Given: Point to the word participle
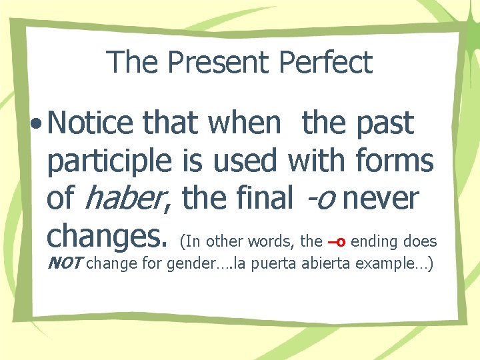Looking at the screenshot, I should [x=110, y=162].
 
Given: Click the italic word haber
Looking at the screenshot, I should [x=126, y=198].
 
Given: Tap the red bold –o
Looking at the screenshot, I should [x=336, y=241].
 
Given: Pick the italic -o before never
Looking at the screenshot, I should [x=319, y=199].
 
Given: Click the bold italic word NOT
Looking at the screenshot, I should [x=65, y=263].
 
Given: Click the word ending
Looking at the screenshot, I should [x=378, y=241].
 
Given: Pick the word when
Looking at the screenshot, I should [x=244, y=123].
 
